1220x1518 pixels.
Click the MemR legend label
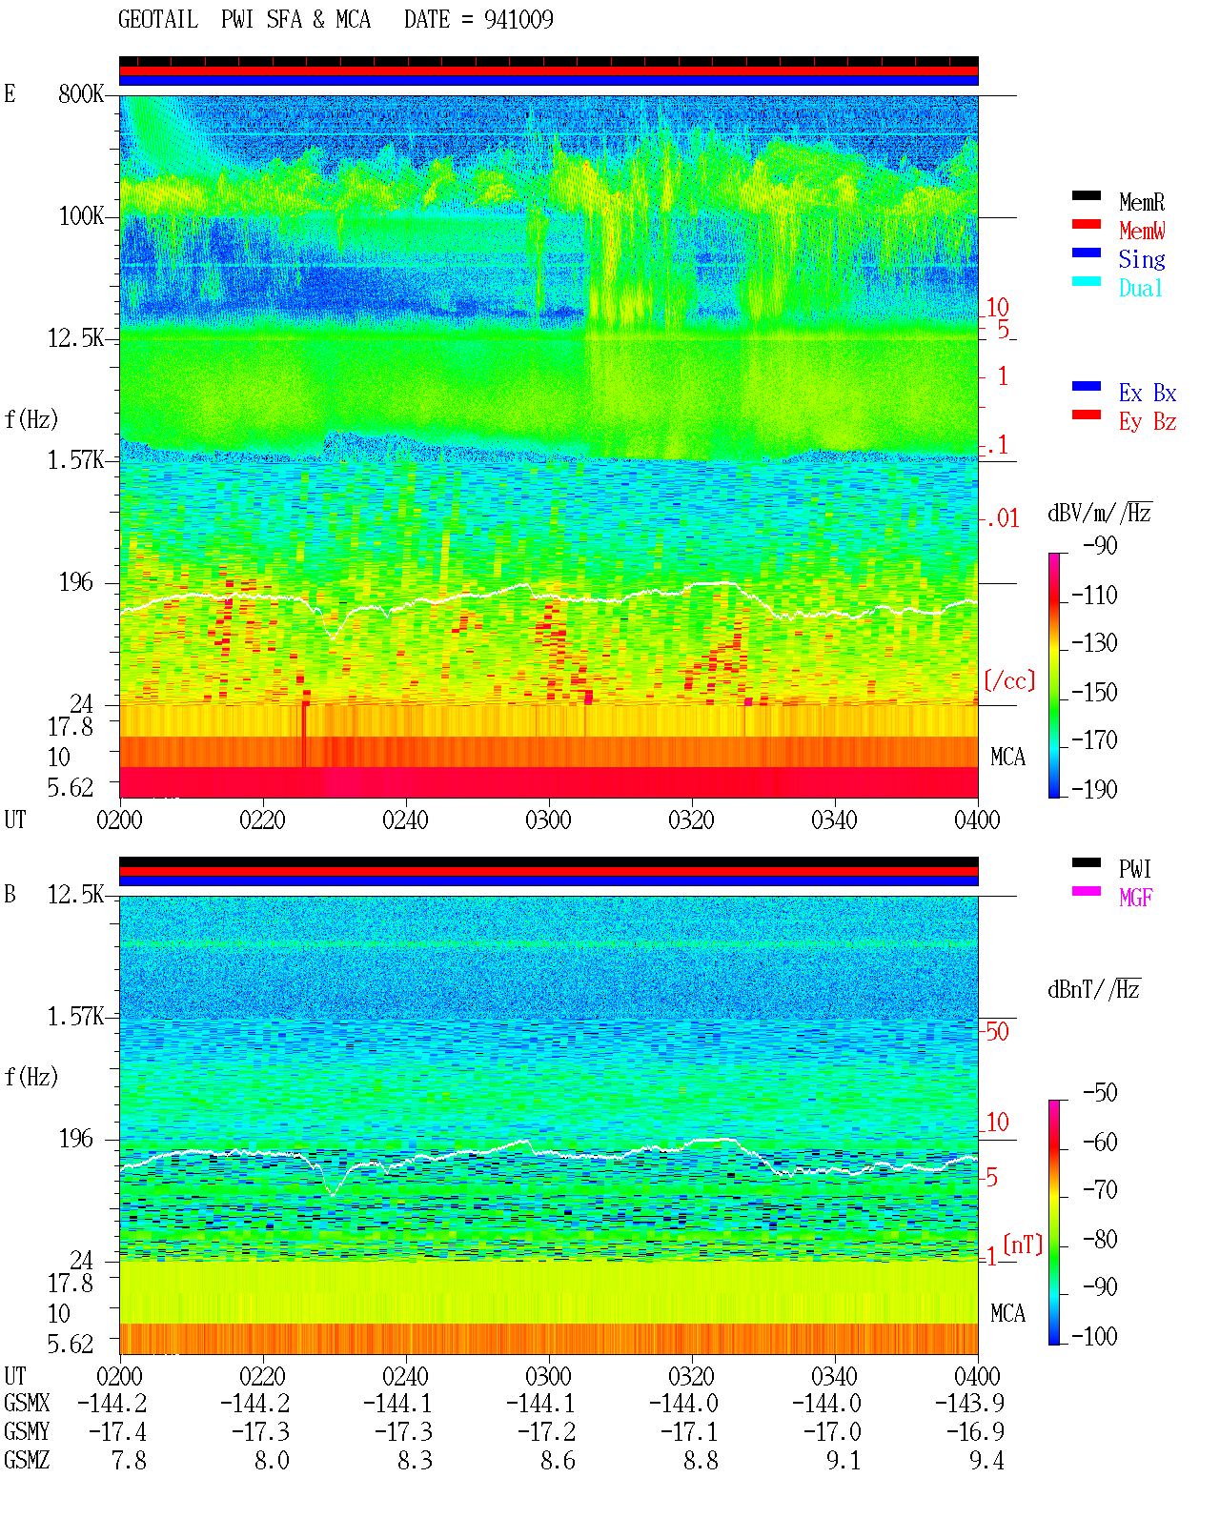1141,202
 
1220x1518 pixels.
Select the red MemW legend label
1141,231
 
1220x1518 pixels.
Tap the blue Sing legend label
1141,259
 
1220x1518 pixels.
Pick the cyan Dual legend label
1140,288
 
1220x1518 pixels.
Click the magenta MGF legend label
1135,898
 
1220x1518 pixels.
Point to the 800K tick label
81,93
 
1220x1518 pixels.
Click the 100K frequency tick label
81,216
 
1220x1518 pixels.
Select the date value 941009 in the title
518,20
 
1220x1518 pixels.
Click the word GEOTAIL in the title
158,20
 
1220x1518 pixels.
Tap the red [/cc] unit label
1009,680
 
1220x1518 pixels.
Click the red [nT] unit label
1023,1245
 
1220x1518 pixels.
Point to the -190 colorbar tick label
1094,789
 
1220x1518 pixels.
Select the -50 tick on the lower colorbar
1100,1093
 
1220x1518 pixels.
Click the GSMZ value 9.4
986,1460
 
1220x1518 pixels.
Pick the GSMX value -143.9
969,1403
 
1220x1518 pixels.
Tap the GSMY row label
27,1431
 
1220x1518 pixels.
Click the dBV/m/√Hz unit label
1100,513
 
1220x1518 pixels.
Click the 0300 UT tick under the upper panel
548,820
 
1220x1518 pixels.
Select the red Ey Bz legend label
1148,422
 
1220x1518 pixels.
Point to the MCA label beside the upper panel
1007,757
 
